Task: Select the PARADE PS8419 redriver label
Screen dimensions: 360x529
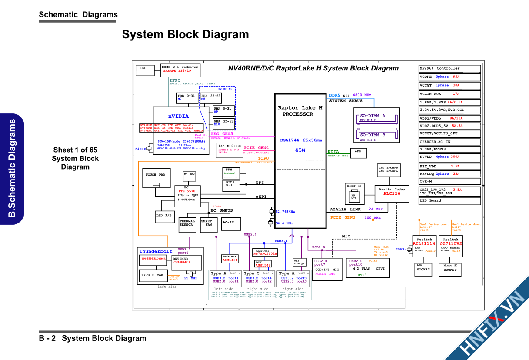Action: (x=177, y=70)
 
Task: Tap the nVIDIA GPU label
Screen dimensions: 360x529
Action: (x=179, y=116)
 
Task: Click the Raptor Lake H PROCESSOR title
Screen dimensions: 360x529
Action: (x=300, y=111)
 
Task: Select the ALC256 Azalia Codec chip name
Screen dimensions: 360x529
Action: (x=392, y=193)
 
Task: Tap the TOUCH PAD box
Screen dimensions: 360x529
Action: (x=155, y=175)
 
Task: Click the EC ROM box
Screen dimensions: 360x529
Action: (x=189, y=175)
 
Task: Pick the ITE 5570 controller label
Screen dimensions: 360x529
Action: (x=187, y=191)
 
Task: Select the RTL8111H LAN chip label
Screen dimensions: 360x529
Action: (x=424, y=244)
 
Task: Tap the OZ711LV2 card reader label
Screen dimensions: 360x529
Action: (x=451, y=244)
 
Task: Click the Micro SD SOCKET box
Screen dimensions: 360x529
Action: (x=450, y=268)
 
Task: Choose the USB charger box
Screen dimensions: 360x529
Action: (x=300, y=262)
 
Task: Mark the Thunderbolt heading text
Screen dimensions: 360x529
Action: (x=156, y=251)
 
